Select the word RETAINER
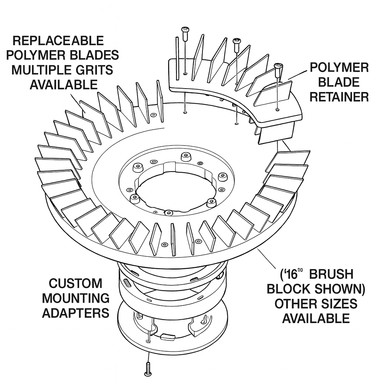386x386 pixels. point(339,97)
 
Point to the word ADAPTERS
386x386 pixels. point(75,312)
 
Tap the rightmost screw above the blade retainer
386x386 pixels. point(278,69)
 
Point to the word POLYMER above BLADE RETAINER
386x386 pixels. point(339,67)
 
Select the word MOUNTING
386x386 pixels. point(75,298)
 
